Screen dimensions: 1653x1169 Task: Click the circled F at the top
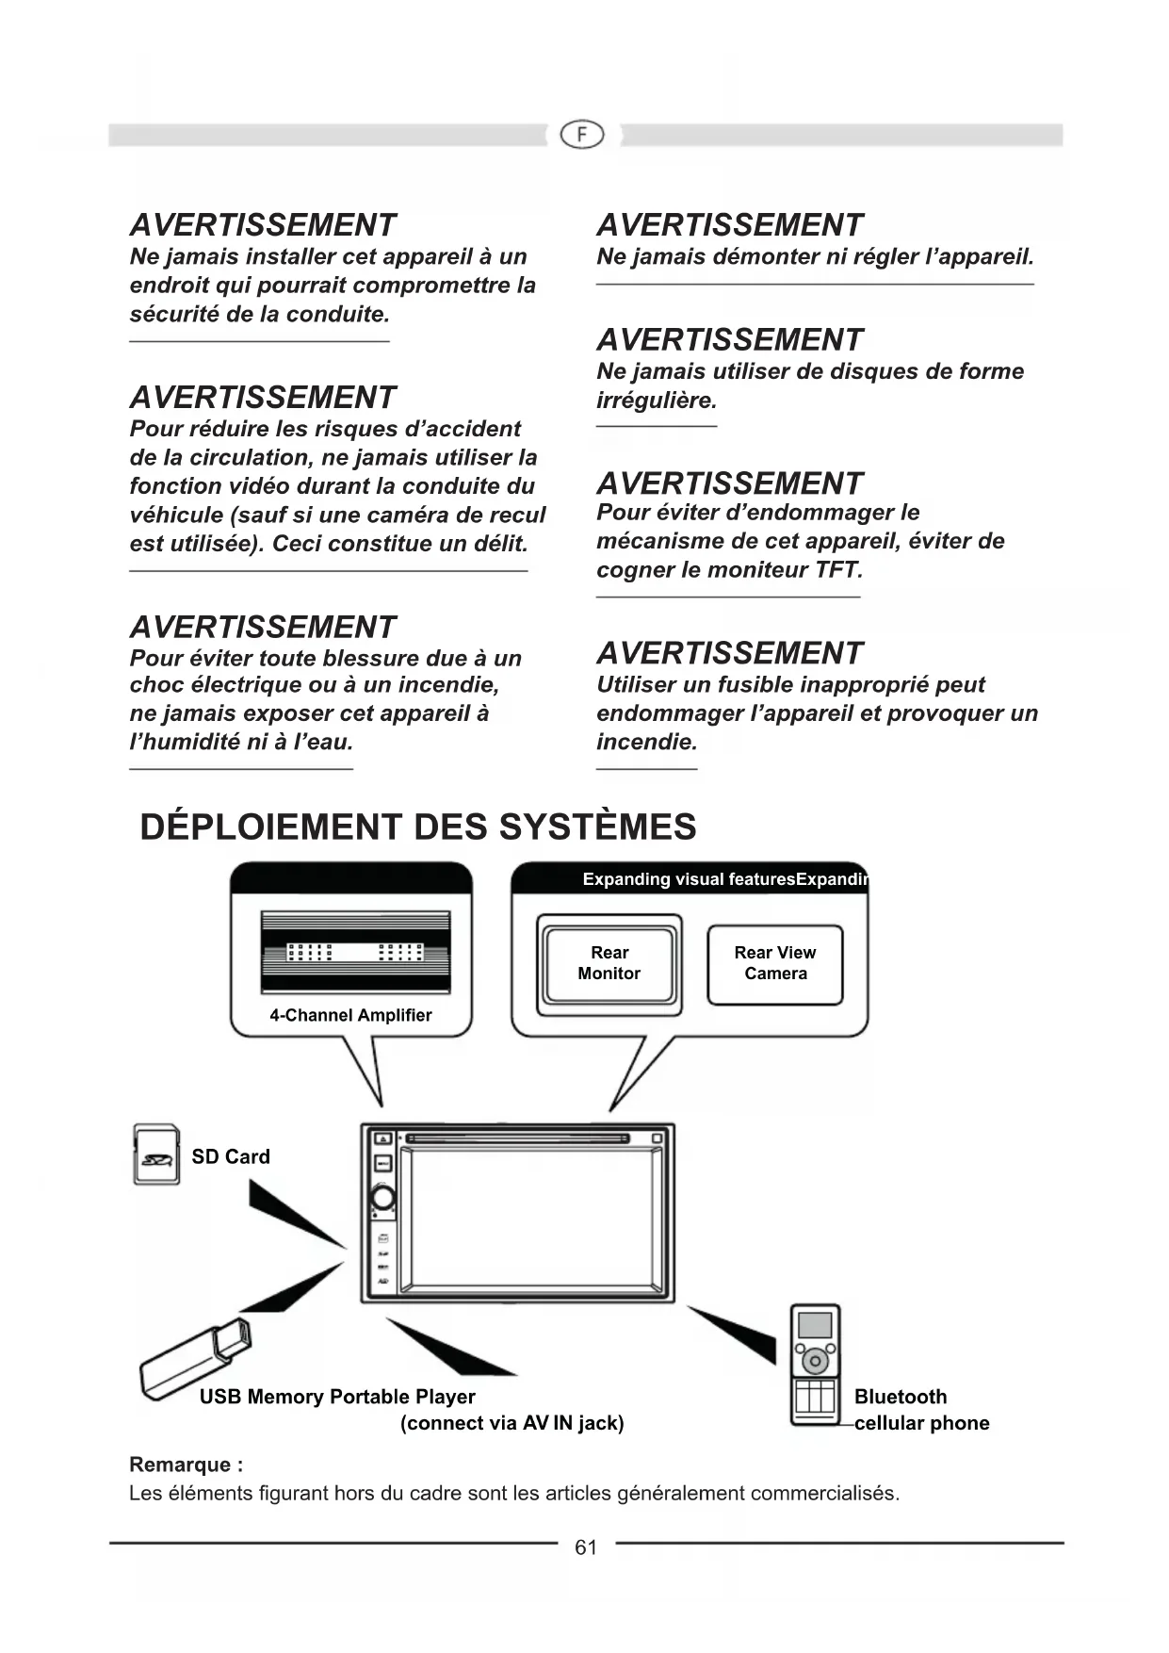click(x=582, y=135)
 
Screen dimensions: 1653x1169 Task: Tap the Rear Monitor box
click(x=609, y=964)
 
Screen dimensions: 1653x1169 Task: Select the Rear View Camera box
click(x=774, y=964)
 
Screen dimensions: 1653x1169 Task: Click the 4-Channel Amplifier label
click(x=350, y=1015)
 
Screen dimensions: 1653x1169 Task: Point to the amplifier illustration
click(x=355, y=951)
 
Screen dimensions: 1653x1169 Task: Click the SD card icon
click(x=156, y=1154)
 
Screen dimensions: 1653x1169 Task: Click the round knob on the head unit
click(x=383, y=1198)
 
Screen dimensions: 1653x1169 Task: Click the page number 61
click(x=586, y=1547)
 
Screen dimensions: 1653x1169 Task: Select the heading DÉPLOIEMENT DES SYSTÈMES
click(x=418, y=827)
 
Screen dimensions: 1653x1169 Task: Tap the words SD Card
click(x=231, y=1156)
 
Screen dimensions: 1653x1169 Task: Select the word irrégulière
click(x=656, y=401)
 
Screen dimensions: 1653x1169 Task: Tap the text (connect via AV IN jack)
click(x=512, y=1423)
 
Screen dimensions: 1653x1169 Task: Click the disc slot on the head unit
click(x=517, y=1138)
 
